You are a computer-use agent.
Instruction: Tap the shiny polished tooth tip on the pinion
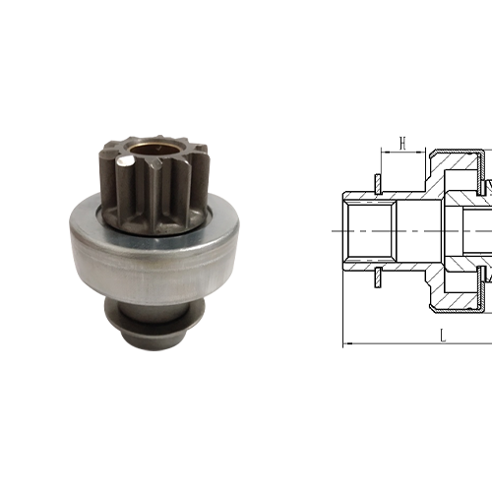tap(125, 160)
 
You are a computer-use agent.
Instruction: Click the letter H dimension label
tap(402, 143)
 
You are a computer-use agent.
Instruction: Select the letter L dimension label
tap(443, 336)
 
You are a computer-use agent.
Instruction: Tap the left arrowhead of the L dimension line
tap(348, 343)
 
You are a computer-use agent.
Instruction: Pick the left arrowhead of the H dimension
tap(386, 152)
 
